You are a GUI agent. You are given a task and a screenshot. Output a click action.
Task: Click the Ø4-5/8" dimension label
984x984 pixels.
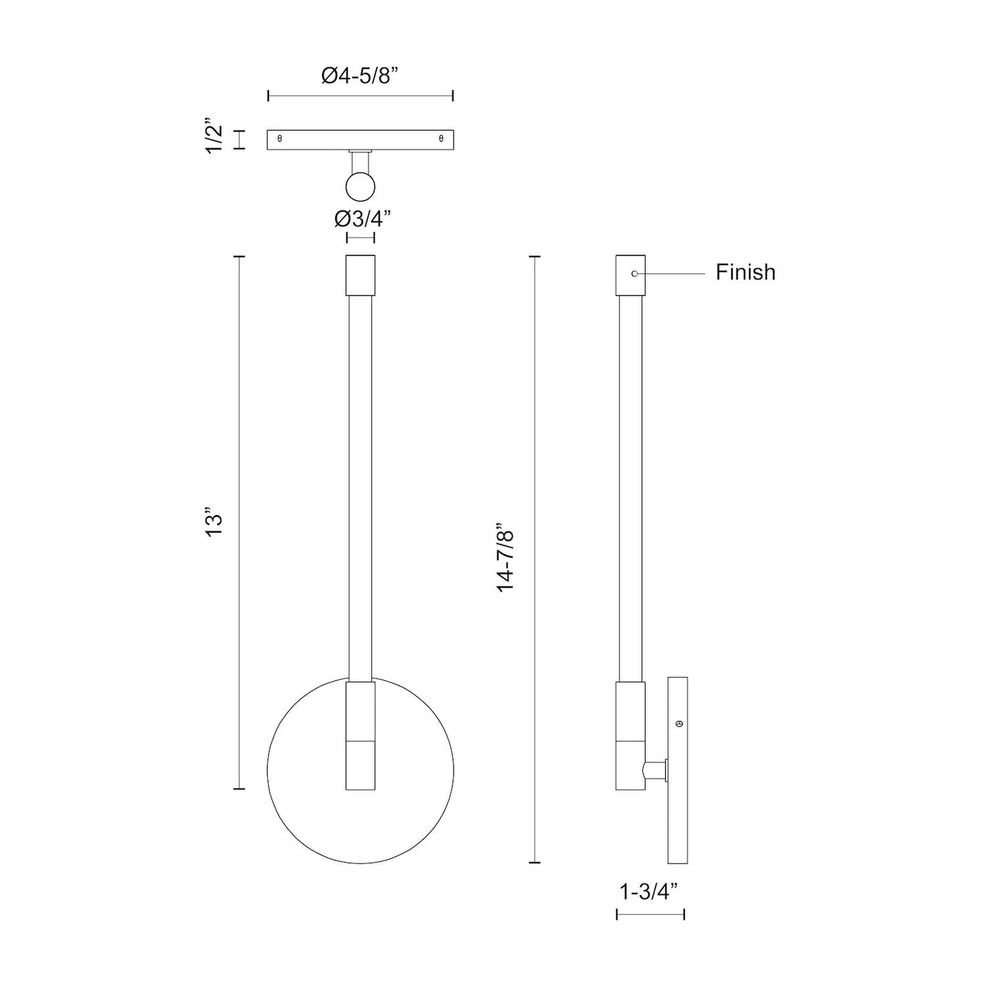[360, 75]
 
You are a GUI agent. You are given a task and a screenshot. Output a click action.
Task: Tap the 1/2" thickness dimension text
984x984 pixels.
[215, 139]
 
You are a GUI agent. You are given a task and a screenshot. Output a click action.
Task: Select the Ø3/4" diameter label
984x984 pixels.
[362, 219]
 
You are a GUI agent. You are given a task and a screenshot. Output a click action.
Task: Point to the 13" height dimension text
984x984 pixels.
[215, 523]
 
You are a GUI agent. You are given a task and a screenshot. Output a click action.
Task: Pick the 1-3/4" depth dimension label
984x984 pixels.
[649, 891]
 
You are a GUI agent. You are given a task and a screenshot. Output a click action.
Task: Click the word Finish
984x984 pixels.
[745, 272]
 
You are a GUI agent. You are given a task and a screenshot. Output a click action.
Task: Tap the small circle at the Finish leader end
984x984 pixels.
[635, 274]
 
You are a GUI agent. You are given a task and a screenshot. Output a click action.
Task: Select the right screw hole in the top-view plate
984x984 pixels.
[441, 138]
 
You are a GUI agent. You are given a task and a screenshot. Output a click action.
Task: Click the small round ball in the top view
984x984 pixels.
[360, 186]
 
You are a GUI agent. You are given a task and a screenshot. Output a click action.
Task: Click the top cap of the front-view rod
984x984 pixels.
[360, 275]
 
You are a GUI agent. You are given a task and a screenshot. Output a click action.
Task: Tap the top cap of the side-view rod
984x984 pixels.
[630, 275]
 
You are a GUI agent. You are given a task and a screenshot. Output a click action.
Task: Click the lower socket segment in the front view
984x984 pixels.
[360, 765]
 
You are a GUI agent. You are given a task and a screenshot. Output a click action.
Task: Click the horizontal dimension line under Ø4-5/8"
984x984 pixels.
[360, 96]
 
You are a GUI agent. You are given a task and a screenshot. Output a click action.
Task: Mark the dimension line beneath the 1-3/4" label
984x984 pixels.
[650, 914]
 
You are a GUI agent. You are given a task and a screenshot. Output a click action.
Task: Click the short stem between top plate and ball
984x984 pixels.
[360, 161]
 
